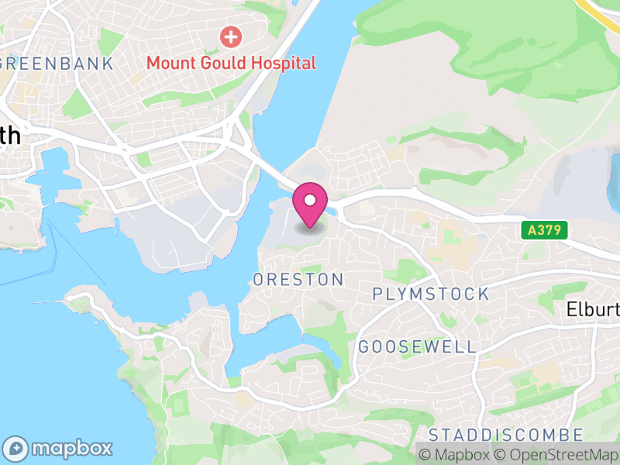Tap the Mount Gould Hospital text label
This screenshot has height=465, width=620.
click(x=232, y=64)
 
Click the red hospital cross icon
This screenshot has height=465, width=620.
click(x=230, y=36)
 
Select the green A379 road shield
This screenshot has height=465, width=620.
click(x=544, y=230)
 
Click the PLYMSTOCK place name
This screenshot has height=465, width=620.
click(x=431, y=294)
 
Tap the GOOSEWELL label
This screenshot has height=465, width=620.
click(x=417, y=346)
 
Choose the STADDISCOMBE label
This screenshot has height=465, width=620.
click(x=505, y=434)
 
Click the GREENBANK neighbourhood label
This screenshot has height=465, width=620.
click(x=58, y=64)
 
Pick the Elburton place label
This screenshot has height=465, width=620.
click(x=594, y=309)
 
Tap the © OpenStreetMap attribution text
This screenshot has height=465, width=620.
click(x=557, y=455)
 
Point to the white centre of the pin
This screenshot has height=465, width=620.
click(x=310, y=201)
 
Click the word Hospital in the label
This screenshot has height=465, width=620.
click(x=282, y=64)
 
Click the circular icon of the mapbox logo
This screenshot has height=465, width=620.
click(x=15, y=448)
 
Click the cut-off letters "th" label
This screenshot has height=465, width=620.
click(x=9, y=136)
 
